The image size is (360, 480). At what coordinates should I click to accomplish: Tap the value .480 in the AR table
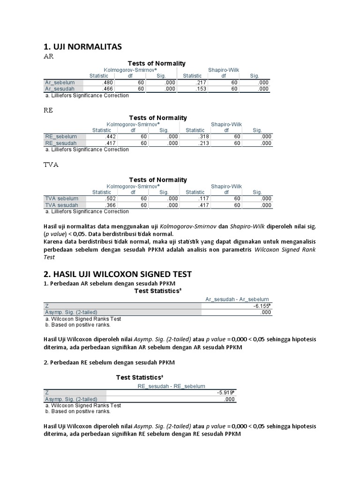pos(108,82)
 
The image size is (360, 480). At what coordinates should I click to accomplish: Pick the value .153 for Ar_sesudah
pos(200,89)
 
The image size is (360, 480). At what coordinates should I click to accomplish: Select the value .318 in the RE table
pos(200,137)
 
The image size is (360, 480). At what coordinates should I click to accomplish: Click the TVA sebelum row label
pos(61,199)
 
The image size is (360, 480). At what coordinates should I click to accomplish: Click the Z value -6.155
pos(262,306)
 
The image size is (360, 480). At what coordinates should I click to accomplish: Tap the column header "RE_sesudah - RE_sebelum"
pos(171,386)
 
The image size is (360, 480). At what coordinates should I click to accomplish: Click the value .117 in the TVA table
pos(200,199)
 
